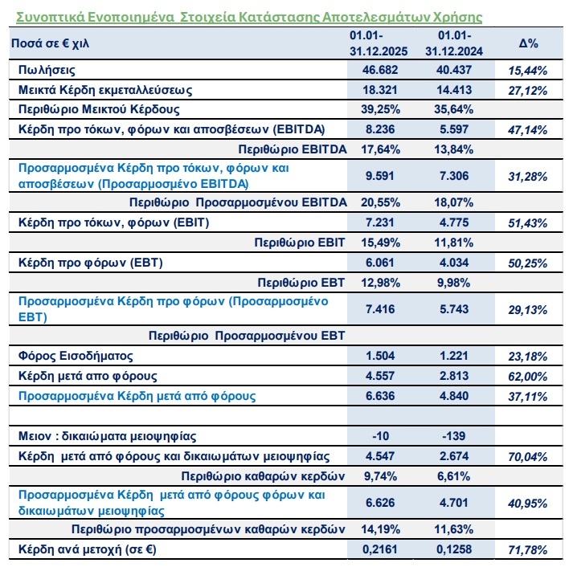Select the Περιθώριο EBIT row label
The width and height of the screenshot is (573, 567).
pos(299,242)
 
